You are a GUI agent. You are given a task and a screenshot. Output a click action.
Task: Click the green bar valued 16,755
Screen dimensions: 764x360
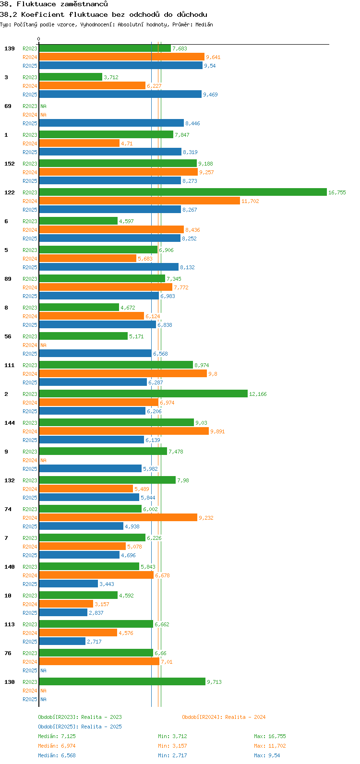[x=182, y=192]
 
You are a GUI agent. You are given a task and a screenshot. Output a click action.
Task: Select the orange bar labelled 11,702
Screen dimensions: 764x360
[x=139, y=201]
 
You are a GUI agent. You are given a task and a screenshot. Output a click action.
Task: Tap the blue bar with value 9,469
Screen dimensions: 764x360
[x=120, y=94]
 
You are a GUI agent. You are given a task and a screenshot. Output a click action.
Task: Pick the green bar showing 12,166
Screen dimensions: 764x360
[x=143, y=394]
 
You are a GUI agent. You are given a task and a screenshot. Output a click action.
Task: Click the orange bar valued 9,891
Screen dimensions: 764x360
[x=124, y=431]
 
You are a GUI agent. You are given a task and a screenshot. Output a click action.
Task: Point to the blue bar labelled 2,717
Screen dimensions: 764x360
[x=62, y=641]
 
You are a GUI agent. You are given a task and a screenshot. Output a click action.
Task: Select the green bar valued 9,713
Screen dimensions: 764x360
[x=122, y=681]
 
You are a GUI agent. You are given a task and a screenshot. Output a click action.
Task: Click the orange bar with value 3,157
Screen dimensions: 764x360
[x=66, y=604]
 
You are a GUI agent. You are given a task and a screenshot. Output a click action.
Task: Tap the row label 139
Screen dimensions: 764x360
[x=10, y=48]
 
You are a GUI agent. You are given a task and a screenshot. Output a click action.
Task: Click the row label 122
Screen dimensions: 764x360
[x=10, y=192]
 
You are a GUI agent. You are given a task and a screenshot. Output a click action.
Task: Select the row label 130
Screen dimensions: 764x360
[x=10, y=682]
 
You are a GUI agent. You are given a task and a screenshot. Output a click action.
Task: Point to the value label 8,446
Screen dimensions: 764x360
[x=192, y=123]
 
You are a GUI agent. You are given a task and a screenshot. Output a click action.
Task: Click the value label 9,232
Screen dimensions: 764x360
[x=206, y=518]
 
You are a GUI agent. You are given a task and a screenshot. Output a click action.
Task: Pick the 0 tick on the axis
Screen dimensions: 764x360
[x=39, y=39]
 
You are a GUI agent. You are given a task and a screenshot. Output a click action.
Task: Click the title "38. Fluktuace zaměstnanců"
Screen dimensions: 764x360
[x=54, y=4]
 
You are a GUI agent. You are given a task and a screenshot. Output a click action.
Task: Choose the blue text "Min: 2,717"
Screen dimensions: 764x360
[x=172, y=755]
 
